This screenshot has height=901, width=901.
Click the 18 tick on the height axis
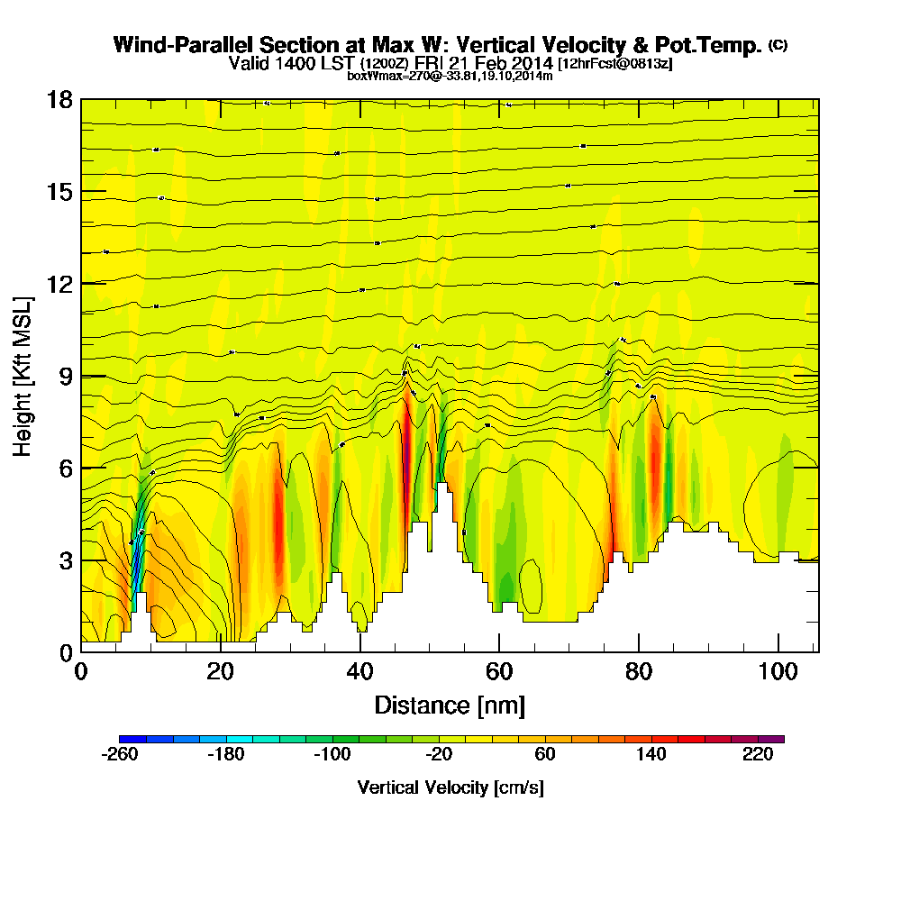[x=59, y=99]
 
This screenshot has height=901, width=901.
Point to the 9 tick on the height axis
[x=64, y=376]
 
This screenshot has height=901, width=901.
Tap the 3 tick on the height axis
[x=64, y=560]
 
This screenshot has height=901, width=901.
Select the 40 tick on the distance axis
[x=360, y=671]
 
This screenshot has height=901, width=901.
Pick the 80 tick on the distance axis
[x=639, y=671]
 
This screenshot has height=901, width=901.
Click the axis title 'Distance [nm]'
[x=450, y=704]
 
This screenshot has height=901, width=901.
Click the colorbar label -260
[x=120, y=755]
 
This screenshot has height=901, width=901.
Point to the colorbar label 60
[x=545, y=755]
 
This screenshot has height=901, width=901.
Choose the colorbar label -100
[x=332, y=755]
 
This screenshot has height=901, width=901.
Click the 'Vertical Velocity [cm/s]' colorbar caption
[x=450, y=787]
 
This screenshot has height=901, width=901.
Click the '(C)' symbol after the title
[x=778, y=44]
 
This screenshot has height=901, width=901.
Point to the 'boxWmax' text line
[x=450, y=76]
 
